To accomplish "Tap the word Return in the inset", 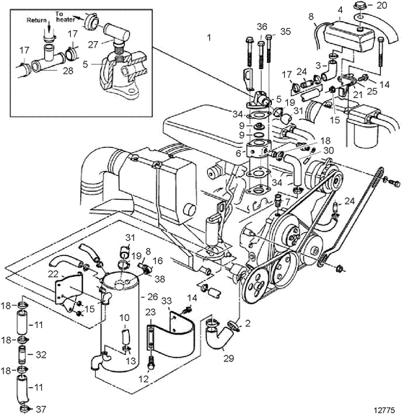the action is pos(37,20).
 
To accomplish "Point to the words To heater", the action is pos(65,17).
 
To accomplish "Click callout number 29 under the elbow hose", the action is pos(229,358).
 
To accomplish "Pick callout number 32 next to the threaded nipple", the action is pos(41,355).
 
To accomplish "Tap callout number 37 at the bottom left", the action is pos(40,409).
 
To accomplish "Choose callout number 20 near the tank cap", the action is pos(382,5).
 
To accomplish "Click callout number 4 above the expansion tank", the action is pos(340,10).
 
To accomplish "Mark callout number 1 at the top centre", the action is pos(209,38).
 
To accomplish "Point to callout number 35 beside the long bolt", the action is pos(285,31).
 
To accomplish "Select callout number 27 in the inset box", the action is pos(93,45).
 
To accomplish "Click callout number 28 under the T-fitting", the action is pos(68,71).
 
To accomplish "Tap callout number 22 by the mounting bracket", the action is pos(53,273).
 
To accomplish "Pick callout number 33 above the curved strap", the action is pos(167,301).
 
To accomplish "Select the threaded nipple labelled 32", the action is pos(24,354).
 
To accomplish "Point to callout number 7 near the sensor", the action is pos(287,201).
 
